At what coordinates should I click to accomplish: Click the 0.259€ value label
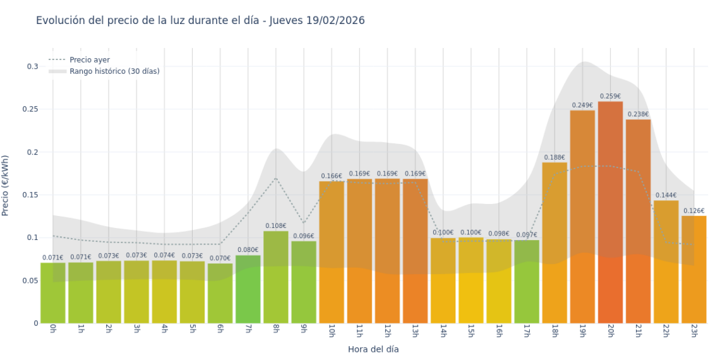(610, 97)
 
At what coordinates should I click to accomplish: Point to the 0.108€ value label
(276, 225)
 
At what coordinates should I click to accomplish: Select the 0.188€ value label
(555, 157)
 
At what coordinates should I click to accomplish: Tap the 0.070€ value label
(220, 258)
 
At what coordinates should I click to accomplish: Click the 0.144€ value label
(666, 195)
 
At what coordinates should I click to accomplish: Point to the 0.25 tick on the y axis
(32, 109)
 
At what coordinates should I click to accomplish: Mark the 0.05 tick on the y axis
(32, 280)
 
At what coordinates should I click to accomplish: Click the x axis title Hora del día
(373, 349)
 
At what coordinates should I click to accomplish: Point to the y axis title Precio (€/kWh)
(6, 186)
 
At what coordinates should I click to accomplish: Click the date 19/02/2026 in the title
(335, 20)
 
